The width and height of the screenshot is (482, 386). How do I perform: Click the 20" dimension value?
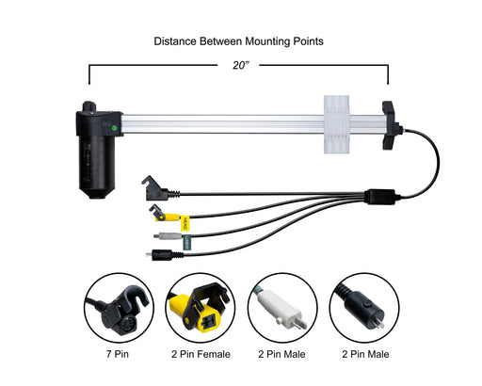pos(241,65)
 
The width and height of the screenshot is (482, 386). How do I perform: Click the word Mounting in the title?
pos(267,41)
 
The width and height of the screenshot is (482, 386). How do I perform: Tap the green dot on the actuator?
pos(114,128)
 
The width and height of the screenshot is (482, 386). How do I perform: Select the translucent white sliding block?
pos(336,124)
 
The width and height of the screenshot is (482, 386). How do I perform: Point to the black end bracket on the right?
pos(391,125)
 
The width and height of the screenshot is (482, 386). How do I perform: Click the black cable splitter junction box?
pos(380,197)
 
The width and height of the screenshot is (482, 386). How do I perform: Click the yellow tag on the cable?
pos(185,223)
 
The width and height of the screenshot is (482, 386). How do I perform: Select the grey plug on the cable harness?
pos(168,236)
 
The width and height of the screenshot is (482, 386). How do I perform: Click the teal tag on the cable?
pos(186,243)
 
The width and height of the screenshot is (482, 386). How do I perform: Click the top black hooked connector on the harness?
pos(158,189)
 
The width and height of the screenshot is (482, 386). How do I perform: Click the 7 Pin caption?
pos(118,354)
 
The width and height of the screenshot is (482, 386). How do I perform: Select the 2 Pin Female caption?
pos(201,354)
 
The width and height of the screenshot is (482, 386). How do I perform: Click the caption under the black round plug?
pos(365,354)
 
